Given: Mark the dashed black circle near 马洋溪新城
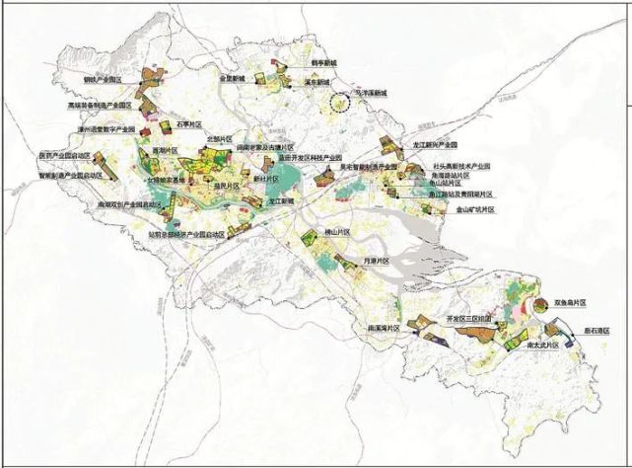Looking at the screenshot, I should [340, 102].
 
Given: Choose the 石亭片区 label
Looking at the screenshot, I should [188, 125].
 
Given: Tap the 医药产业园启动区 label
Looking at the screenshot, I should [64, 155].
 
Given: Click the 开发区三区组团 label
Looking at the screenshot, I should [468, 320].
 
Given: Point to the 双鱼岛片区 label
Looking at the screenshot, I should [570, 302].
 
